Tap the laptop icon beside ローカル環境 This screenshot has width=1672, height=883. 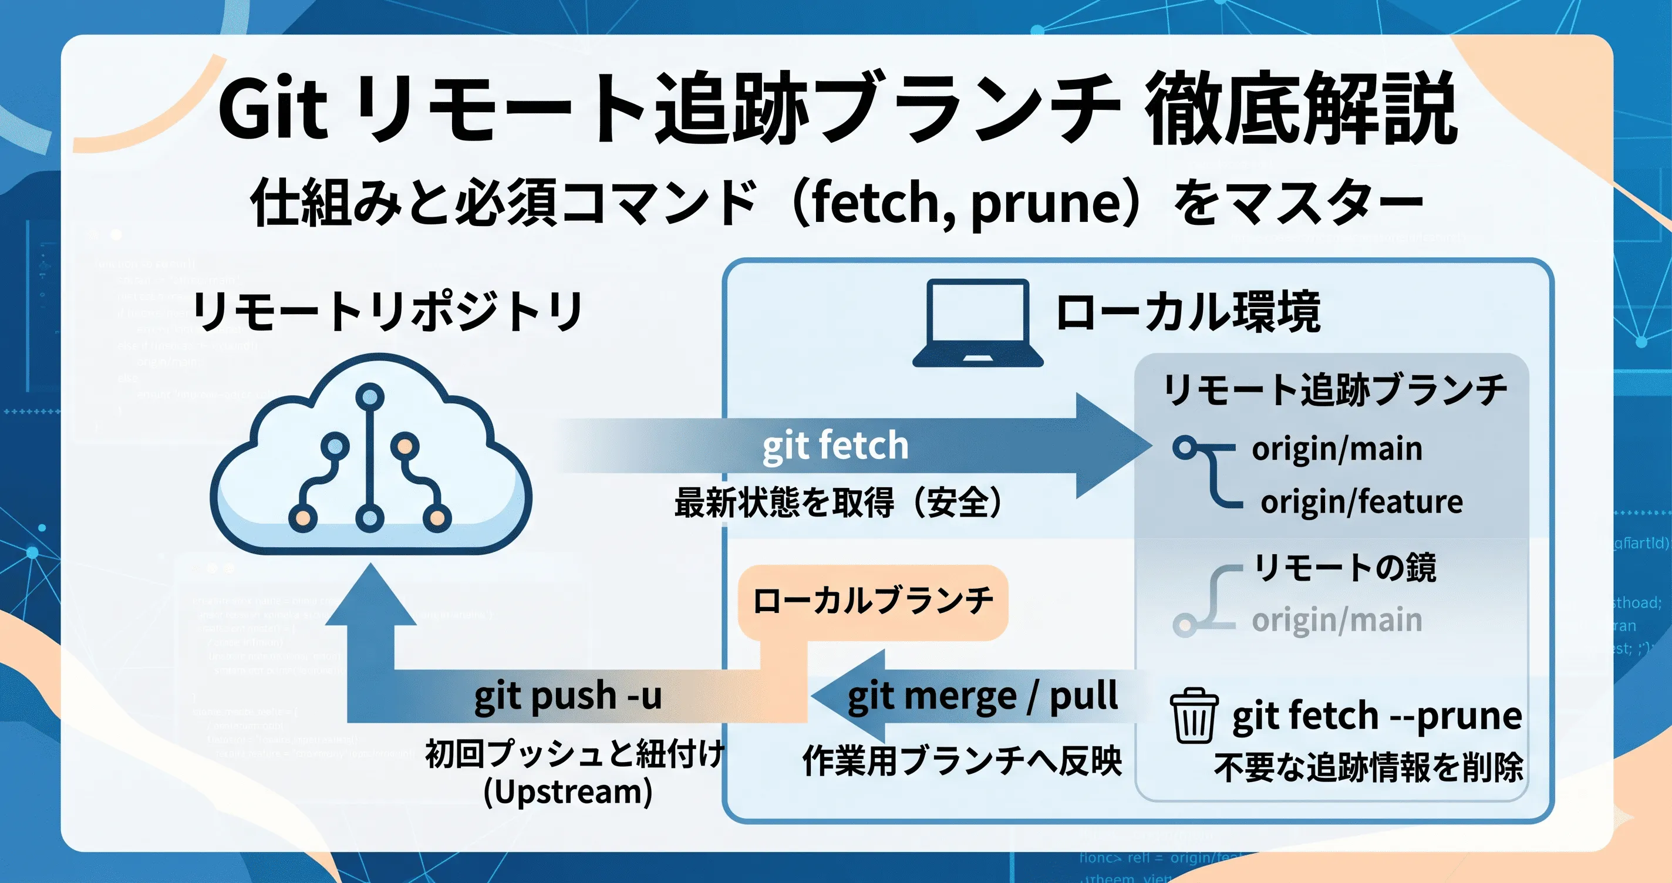(x=977, y=323)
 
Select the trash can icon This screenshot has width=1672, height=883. (x=1193, y=716)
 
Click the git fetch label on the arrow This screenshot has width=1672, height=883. (x=835, y=446)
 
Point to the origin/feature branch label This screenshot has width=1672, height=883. (x=1361, y=502)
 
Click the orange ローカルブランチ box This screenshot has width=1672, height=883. (x=872, y=601)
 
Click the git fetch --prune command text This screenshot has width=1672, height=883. (x=1377, y=716)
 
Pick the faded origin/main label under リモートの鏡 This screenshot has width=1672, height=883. (x=1336, y=620)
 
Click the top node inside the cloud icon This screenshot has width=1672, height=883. (x=369, y=395)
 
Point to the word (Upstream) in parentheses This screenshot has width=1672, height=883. (x=568, y=792)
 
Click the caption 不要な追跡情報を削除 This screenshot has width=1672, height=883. (x=1368, y=767)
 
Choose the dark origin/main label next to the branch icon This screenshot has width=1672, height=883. (x=1336, y=449)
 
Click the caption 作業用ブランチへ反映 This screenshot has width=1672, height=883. (x=961, y=760)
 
